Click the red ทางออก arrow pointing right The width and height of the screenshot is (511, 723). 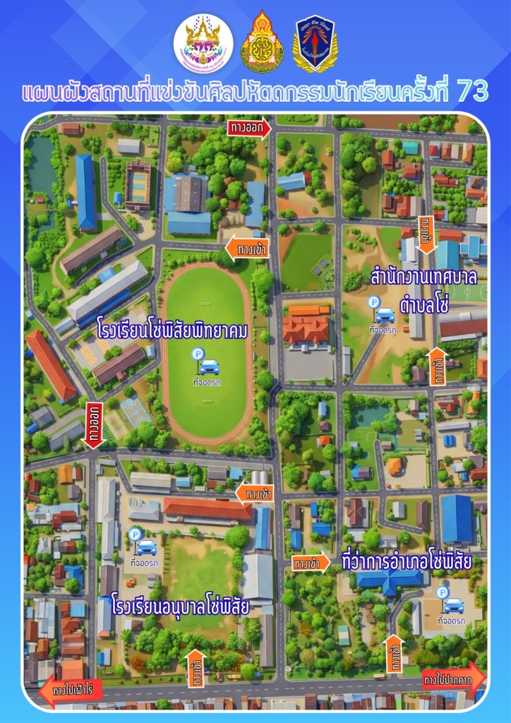point(249,128)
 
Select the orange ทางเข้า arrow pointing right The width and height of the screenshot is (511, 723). point(311,563)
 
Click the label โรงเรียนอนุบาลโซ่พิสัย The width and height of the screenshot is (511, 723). point(181,606)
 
